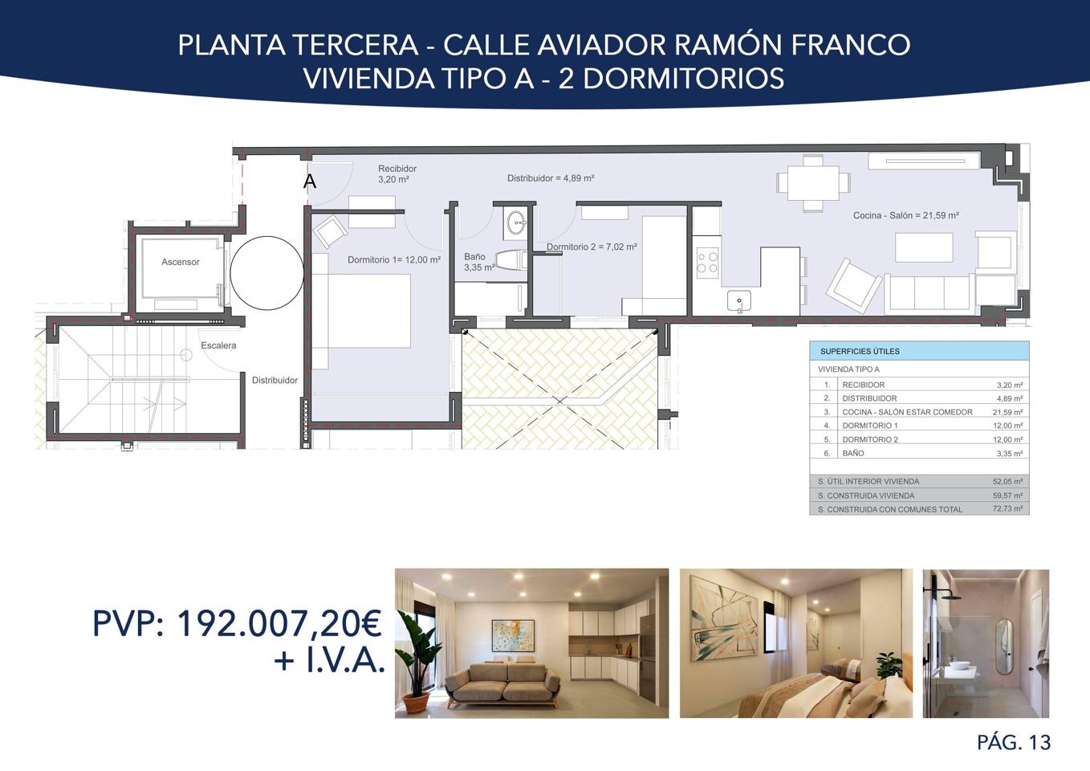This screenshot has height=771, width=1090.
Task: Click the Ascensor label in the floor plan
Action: pyautogui.click(x=181, y=262)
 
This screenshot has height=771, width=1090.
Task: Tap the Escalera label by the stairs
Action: pyautogui.click(x=218, y=345)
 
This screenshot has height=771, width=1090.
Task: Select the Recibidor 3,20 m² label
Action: pyautogui.click(x=397, y=173)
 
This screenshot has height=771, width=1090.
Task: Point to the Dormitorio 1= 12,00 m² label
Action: pyautogui.click(x=394, y=260)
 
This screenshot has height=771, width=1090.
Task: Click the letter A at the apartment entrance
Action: pyautogui.click(x=310, y=182)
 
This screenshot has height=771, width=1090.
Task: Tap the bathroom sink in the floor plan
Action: pyautogui.click(x=516, y=223)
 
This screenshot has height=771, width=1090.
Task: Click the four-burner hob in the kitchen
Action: pyautogui.click(x=707, y=263)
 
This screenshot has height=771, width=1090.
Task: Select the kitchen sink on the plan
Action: pyautogui.click(x=738, y=300)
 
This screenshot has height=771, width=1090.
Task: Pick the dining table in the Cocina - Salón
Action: pyautogui.click(x=814, y=183)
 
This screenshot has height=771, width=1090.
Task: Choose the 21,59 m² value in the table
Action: pyautogui.click(x=1008, y=412)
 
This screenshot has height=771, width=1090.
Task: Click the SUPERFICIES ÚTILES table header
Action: pyautogui.click(x=860, y=352)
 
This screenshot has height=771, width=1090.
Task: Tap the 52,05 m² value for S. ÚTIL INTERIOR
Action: pyautogui.click(x=1008, y=481)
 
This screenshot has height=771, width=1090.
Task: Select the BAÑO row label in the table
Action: pyautogui.click(x=853, y=453)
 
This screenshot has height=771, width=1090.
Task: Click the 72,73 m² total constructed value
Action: pyautogui.click(x=1008, y=508)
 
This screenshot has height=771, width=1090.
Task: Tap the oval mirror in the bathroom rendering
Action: pyautogui.click(x=1003, y=647)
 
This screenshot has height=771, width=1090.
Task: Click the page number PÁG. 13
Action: pyautogui.click(x=1014, y=743)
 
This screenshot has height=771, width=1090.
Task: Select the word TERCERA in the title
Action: pyautogui.click(x=356, y=45)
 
